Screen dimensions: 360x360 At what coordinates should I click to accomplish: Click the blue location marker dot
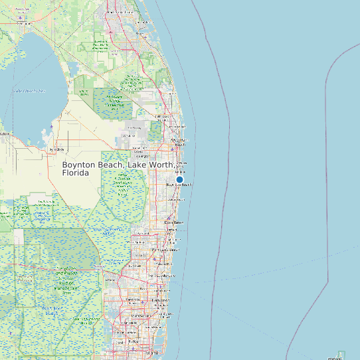click(179, 179)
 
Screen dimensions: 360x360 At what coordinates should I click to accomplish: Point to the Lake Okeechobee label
click(29, 90)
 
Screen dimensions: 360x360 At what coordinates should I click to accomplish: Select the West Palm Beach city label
click(179, 141)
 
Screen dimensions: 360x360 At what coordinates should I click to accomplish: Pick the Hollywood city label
click(159, 300)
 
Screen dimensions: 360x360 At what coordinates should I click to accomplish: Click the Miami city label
click(153, 353)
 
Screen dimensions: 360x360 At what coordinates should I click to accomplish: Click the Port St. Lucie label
click(120, 12)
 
